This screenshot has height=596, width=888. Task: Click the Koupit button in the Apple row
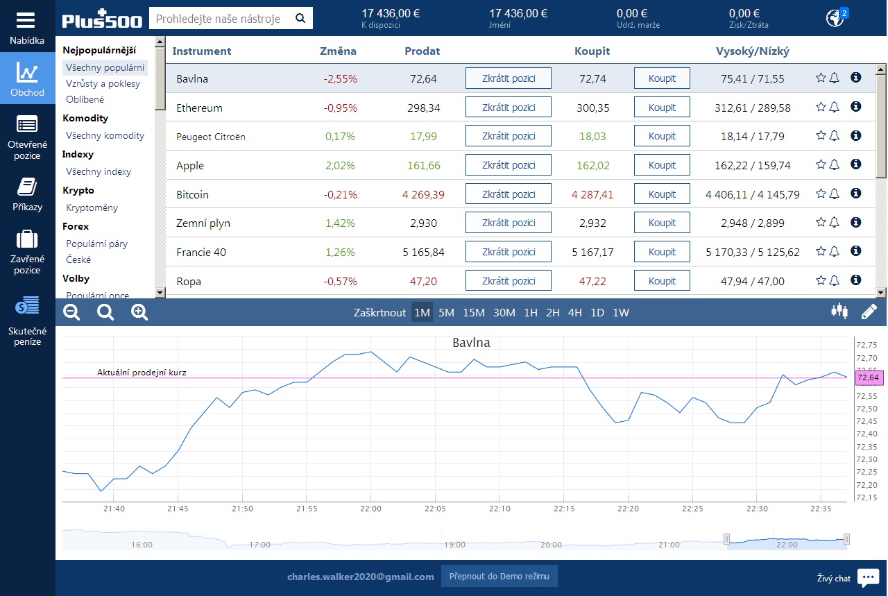[662, 165]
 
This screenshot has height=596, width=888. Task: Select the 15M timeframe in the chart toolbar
[473, 312]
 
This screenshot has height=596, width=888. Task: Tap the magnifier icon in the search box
[300, 18]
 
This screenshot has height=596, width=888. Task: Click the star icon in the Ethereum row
[821, 107]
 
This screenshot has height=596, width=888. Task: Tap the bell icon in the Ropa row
[835, 280]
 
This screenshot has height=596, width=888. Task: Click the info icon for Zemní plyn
[856, 222]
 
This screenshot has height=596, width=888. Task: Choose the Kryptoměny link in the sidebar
[92, 207]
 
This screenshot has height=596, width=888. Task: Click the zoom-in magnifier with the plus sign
[139, 312]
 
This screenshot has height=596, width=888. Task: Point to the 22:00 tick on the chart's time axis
[370, 509]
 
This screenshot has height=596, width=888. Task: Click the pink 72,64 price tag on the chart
[868, 377]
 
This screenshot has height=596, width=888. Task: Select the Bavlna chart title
[471, 343]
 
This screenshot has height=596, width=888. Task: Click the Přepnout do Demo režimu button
[499, 576]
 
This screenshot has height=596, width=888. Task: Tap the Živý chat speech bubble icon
[868, 577]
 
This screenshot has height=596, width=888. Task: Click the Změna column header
[338, 51]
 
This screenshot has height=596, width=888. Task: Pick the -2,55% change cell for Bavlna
[340, 78]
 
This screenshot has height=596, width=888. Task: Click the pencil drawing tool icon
[869, 312]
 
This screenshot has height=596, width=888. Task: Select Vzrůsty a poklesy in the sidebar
[103, 84]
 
